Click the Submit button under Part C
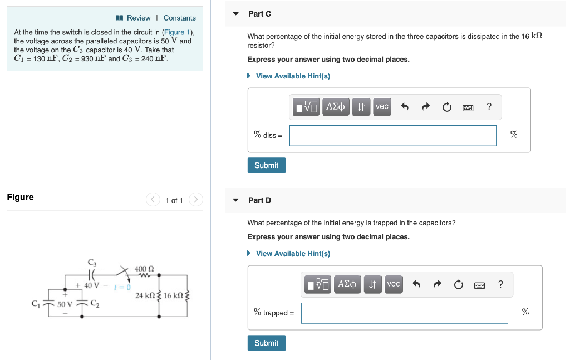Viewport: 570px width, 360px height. pyautogui.click(x=266, y=165)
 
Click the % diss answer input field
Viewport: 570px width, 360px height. pyautogui.click(x=392, y=135)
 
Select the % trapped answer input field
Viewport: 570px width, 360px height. pyautogui.click(x=404, y=313)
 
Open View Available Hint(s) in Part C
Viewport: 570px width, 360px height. pyautogui.click(x=292, y=76)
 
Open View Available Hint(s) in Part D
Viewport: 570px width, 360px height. pyautogui.click(x=292, y=254)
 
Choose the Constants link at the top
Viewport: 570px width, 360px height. pyautogui.click(x=179, y=18)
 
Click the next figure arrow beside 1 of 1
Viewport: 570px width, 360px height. pyautogui.click(x=195, y=200)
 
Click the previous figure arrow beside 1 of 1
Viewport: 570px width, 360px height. pyautogui.click(x=153, y=200)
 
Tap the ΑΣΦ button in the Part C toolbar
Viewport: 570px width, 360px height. pyautogui.click(x=335, y=106)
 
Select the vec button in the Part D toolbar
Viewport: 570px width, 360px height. pyautogui.click(x=394, y=284)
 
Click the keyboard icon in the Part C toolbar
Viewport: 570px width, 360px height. pyautogui.click(x=468, y=107)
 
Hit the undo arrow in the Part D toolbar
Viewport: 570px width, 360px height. pyautogui.click(x=416, y=285)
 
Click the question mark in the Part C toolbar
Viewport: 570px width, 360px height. pyautogui.click(x=489, y=107)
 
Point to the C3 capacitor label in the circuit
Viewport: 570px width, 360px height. pyautogui.click(x=92, y=263)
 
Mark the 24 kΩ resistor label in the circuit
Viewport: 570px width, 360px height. pyautogui.click(x=146, y=295)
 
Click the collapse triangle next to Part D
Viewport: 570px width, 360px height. pyautogui.click(x=235, y=200)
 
